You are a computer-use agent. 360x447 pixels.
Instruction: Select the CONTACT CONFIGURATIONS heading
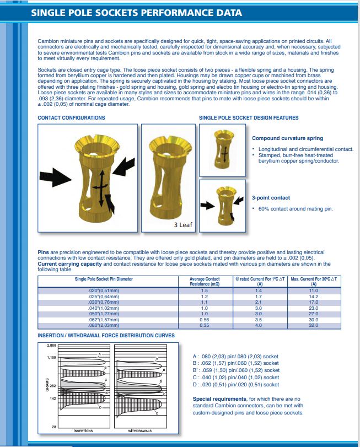(x=71, y=117)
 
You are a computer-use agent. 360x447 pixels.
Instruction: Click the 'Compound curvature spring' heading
(x=287, y=138)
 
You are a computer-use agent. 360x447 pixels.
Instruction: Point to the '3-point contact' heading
(x=271, y=197)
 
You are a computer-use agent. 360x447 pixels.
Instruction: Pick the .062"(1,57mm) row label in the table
(x=104, y=319)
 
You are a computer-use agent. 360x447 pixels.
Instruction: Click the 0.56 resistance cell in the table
(x=205, y=319)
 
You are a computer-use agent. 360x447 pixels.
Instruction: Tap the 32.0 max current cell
(x=314, y=325)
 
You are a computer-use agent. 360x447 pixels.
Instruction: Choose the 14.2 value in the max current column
(x=314, y=296)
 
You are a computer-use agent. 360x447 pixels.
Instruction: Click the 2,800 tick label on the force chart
(x=51, y=345)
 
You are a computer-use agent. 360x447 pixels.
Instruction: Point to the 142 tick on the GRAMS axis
(x=52, y=397)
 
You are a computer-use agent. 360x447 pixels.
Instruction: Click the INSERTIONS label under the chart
(x=83, y=430)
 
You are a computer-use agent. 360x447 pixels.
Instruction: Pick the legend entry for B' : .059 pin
(x=236, y=370)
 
